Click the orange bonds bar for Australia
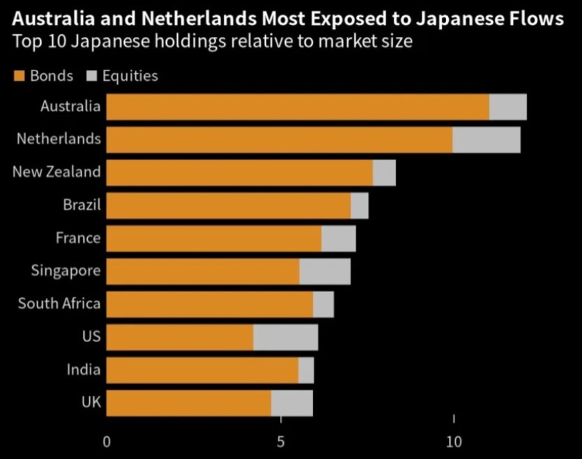coord(297,107)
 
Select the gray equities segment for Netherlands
coord(486,140)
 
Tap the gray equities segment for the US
coord(285,337)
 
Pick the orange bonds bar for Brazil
coord(228,206)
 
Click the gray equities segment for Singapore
coord(325,272)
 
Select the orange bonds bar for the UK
coord(188,403)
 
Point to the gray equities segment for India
coord(306,370)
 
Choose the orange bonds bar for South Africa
coord(210,304)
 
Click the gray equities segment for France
coord(338,239)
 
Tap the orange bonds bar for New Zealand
coord(239,173)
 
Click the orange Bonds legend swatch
coord(18,76)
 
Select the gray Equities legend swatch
coord(91,76)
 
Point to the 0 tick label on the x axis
coord(107,442)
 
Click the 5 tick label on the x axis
coord(281,442)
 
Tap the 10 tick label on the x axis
coord(454,442)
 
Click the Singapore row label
coord(65,270)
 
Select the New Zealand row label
coord(57,171)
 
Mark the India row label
coord(83,369)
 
